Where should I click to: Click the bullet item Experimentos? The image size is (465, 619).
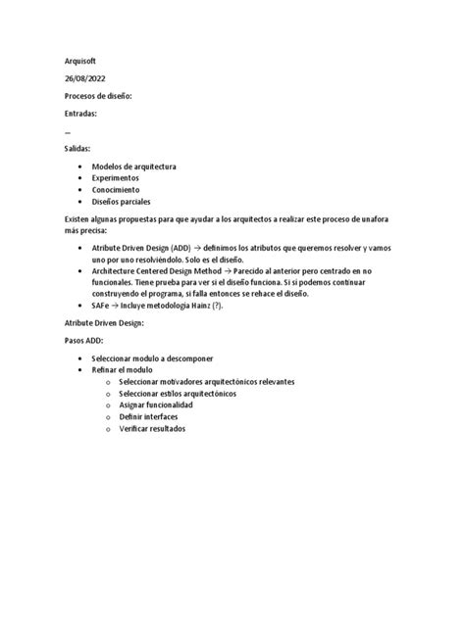[115, 178]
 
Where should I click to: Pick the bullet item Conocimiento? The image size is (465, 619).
[116, 190]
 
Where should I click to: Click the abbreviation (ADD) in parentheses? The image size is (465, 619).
[180, 250]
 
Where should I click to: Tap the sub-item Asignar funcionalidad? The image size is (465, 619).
[156, 405]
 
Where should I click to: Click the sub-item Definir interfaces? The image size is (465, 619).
[148, 416]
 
